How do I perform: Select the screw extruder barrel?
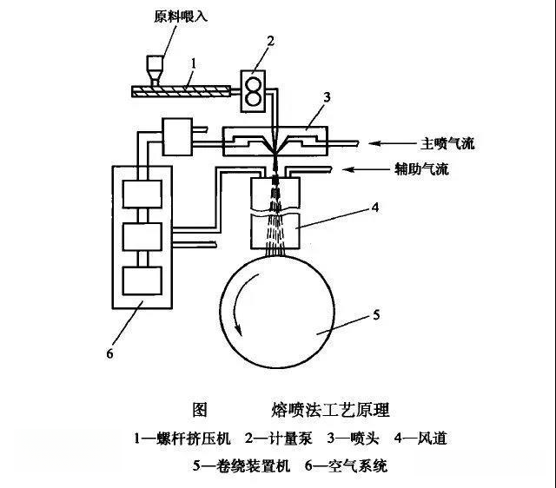click(x=182, y=89)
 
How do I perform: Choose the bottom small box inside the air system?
click(x=142, y=280)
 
